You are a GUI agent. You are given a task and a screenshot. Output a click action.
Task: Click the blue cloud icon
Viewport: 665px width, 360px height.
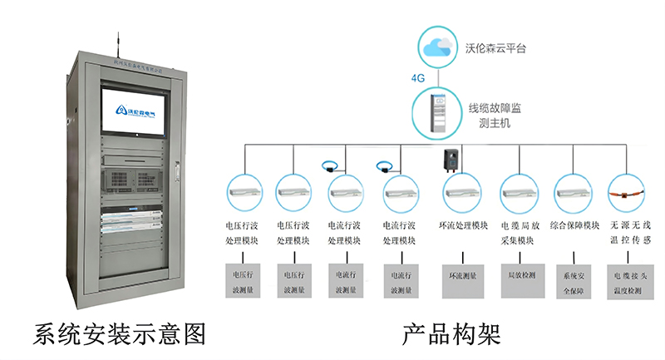click(x=438, y=47)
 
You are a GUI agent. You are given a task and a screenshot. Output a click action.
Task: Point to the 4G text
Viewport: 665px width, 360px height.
click(x=417, y=79)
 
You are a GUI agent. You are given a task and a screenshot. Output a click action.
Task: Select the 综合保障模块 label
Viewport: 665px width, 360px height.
click(x=575, y=225)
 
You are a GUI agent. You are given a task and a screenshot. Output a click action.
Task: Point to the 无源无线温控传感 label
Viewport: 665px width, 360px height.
click(x=631, y=233)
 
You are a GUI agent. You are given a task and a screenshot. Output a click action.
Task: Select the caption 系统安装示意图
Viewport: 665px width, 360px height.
click(x=119, y=333)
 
